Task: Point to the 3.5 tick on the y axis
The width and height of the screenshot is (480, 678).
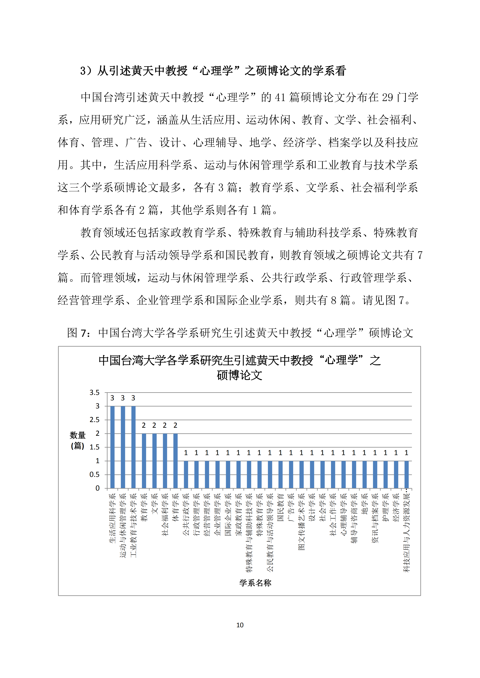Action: click(95, 392)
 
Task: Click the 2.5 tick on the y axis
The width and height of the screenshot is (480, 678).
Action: click(95, 420)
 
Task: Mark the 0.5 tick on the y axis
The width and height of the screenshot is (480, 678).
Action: click(95, 475)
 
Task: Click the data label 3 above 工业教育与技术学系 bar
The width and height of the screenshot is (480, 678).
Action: click(133, 398)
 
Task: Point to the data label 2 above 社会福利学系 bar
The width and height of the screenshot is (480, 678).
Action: click(165, 425)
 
